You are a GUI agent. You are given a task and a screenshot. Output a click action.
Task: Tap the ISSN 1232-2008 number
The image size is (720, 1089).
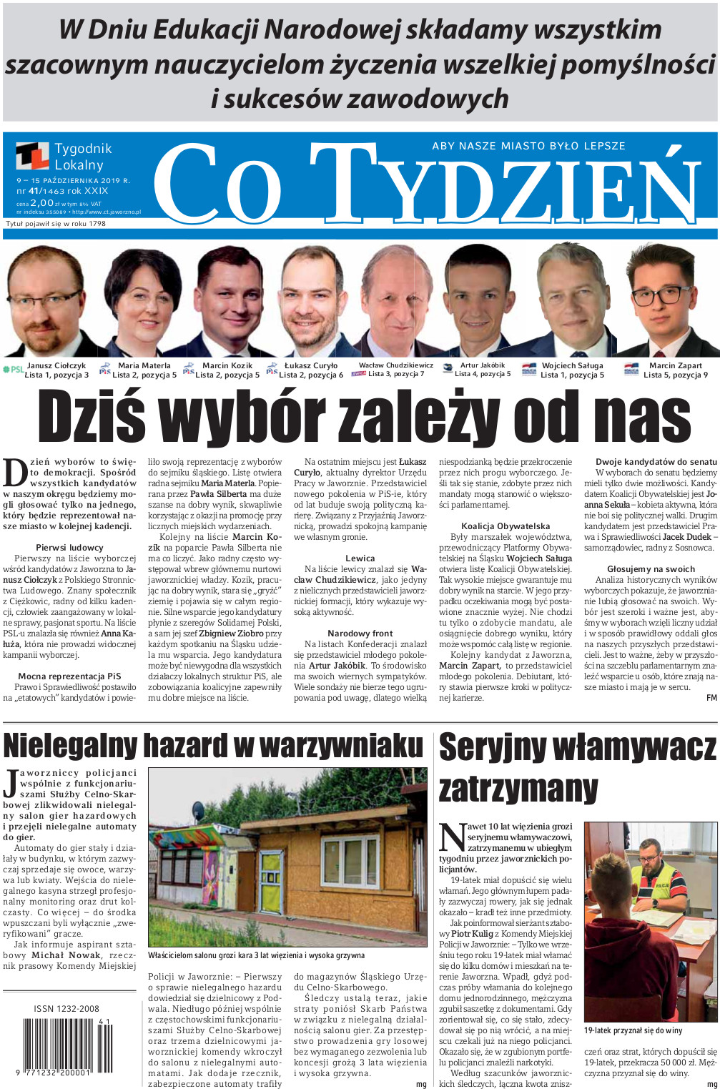[66, 1009]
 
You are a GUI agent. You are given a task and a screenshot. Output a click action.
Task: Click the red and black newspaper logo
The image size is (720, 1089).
[33, 156]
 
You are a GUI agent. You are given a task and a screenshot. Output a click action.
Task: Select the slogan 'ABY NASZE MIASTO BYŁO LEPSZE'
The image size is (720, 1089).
[528, 146]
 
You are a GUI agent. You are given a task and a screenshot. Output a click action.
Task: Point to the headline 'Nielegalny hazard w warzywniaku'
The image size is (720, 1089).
[213, 745]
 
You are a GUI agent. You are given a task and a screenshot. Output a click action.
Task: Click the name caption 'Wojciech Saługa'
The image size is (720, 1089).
[572, 365]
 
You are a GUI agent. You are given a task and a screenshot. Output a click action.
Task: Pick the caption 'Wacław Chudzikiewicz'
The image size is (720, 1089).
[395, 365]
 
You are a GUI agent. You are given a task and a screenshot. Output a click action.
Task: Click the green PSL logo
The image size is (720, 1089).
[13, 370]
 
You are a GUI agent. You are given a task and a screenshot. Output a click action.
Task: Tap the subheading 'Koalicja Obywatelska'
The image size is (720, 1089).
[506, 526]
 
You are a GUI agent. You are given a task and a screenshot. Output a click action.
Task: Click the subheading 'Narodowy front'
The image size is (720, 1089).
[360, 634]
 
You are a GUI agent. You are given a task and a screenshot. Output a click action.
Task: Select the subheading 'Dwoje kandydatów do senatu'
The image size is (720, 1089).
[656, 462]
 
